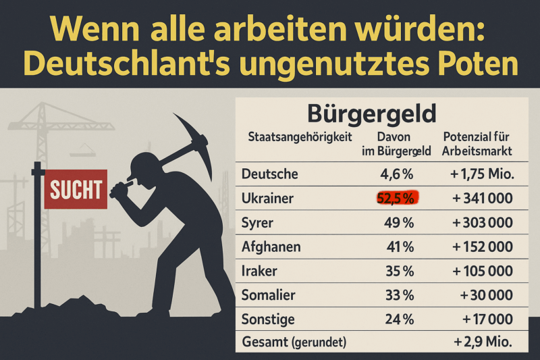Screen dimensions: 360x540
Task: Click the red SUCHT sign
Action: (76, 188)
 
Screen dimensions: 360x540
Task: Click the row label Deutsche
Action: (269, 174)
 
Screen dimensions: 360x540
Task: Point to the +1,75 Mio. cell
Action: (482, 174)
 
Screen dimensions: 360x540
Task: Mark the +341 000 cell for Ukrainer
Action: (481, 198)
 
